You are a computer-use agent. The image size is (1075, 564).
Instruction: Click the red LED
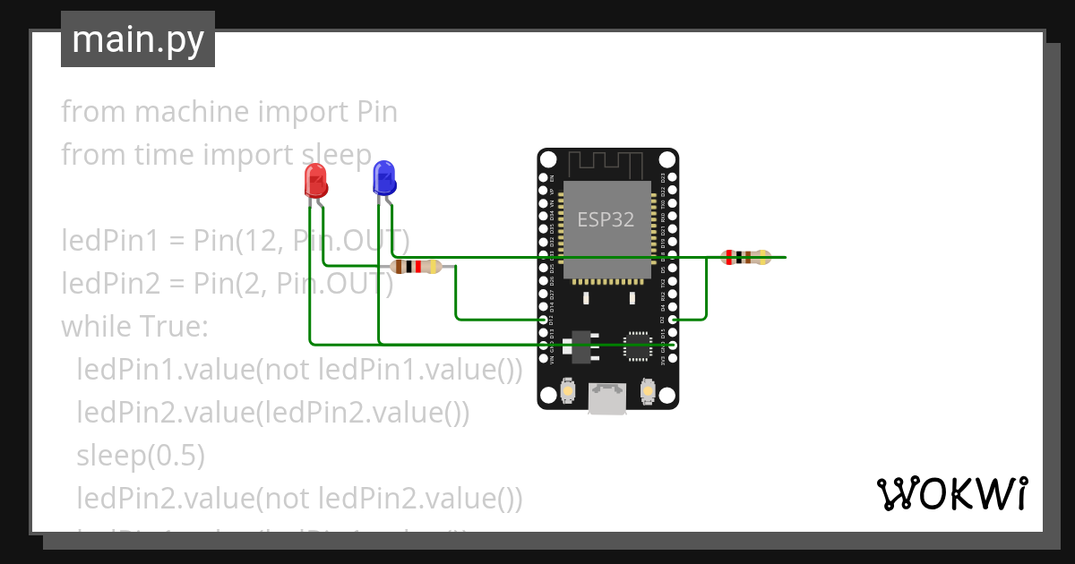pos(315,182)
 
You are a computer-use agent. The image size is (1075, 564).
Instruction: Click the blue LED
pos(384,178)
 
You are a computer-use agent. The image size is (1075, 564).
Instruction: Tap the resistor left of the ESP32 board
pos(417,266)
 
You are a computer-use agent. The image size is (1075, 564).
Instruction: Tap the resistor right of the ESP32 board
pos(746,258)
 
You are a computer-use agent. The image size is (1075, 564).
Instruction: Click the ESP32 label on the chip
pos(606,219)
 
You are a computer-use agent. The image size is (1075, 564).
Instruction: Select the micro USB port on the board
pos(607,399)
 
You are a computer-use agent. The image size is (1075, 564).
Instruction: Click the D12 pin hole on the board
pos(544,319)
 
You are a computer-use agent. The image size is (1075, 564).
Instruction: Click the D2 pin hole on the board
pos(672,319)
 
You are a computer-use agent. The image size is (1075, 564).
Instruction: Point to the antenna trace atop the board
pos(606,164)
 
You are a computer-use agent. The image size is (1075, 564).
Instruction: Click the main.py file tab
pos(138,40)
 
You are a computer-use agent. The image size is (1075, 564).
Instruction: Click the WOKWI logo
pos(951,494)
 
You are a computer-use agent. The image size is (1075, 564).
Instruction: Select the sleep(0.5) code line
pos(141,456)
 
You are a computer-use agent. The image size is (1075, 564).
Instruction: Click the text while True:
pos(134,327)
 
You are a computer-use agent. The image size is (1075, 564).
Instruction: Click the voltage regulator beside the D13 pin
pos(582,346)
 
